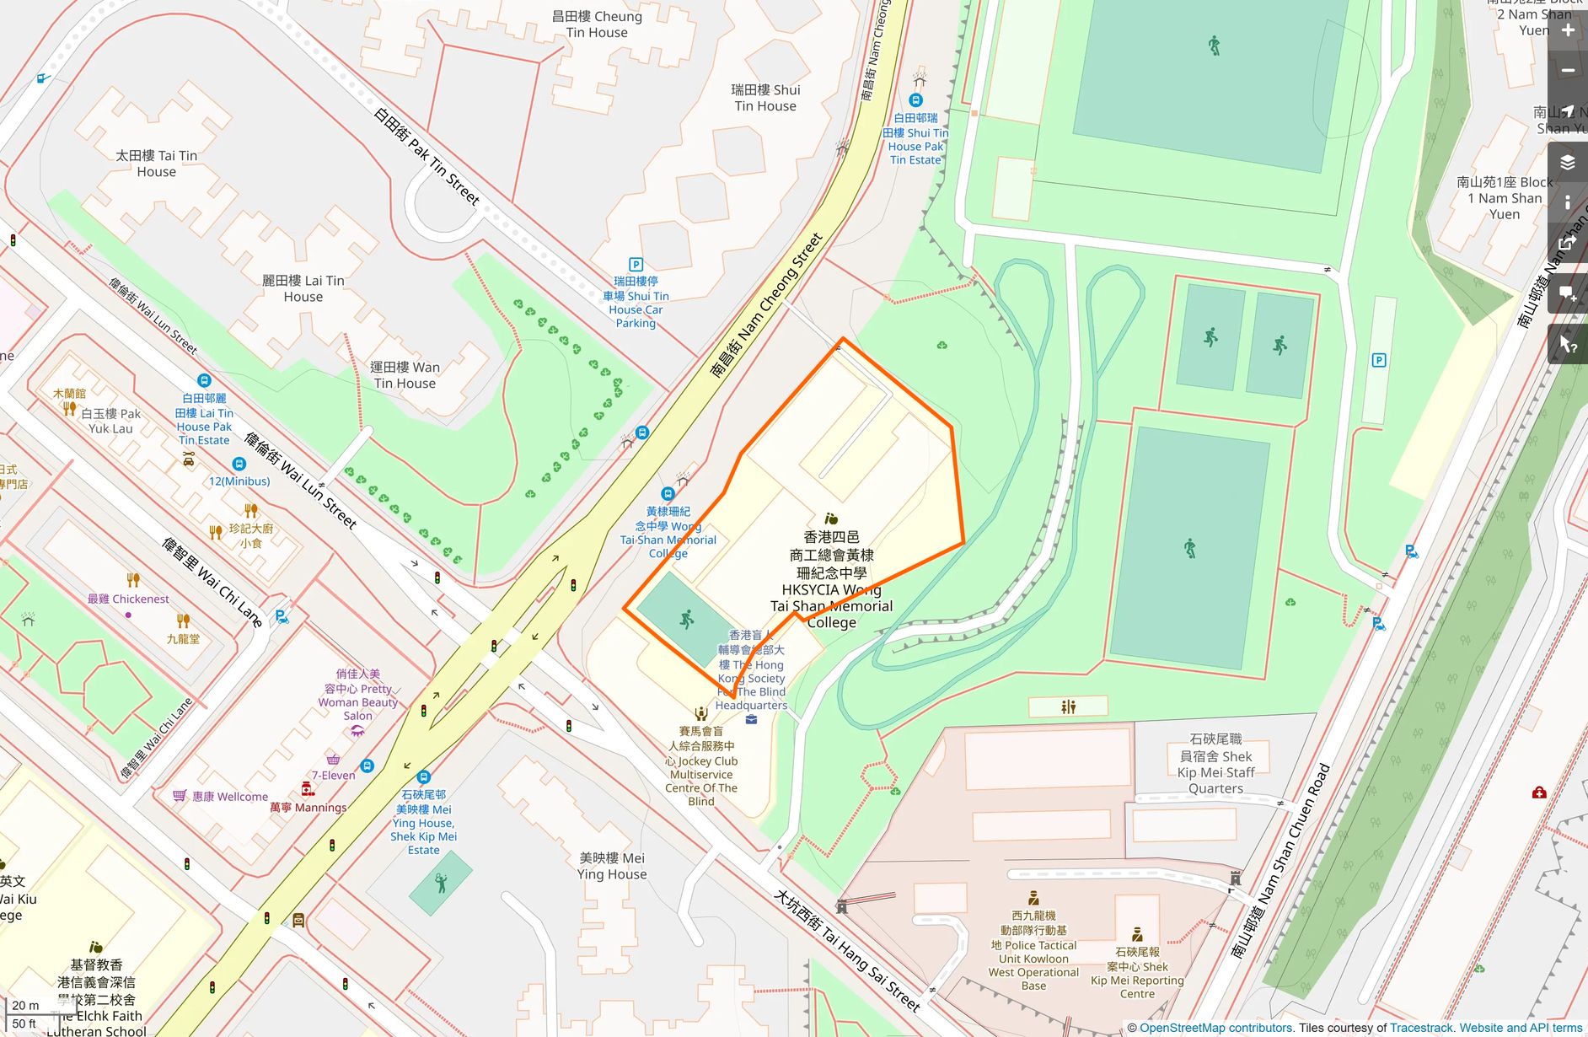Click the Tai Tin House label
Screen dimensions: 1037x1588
point(157,164)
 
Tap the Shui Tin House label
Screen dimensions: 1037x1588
point(765,98)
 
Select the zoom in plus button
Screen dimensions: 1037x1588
point(1568,30)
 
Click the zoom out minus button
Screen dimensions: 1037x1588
point(1568,71)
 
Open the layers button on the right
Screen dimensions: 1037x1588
point(1568,163)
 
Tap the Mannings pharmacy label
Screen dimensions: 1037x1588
point(308,808)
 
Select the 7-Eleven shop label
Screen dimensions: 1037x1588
point(334,776)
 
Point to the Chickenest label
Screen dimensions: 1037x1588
point(128,599)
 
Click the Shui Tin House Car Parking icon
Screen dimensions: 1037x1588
point(636,265)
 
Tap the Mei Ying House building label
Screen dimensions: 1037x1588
point(612,866)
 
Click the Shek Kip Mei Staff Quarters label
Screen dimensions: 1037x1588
point(1215,764)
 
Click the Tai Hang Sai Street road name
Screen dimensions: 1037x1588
point(847,950)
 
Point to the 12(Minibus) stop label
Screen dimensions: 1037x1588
point(239,481)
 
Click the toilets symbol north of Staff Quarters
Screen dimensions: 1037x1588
point(1068,707)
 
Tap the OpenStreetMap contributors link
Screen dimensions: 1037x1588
point(1215,1028)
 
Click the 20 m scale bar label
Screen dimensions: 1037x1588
point(25,1005)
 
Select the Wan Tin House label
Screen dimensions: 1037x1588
point(405,375)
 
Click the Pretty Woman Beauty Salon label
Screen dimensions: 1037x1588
point(358,695)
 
